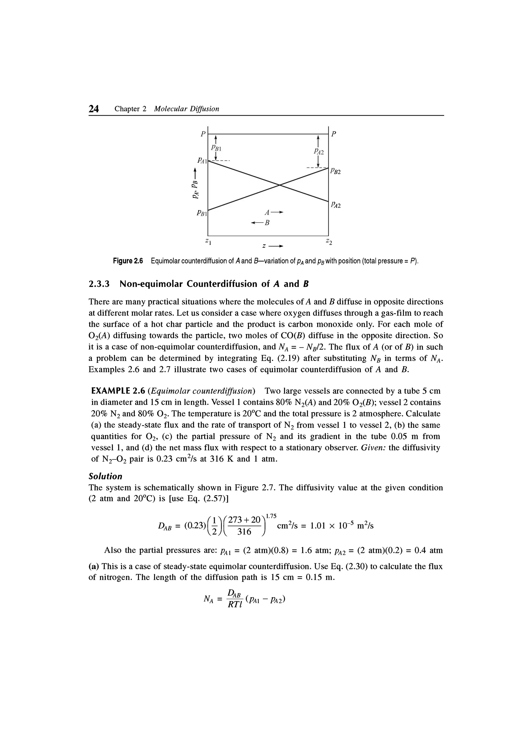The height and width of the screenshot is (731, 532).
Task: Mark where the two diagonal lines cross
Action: click(280, 185)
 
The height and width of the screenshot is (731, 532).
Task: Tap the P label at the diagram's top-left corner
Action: click(203, 134)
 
